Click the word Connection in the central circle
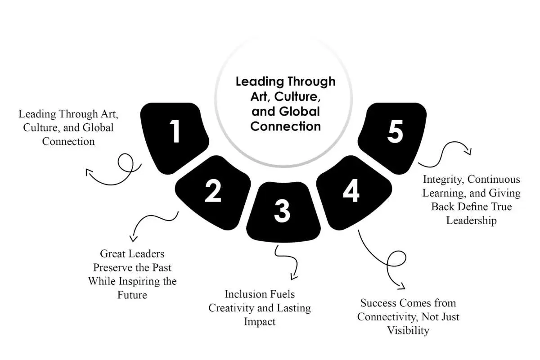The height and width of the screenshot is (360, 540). pyautogui.click(x=285, y=126)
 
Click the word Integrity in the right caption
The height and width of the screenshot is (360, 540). pyautogui.click(x=444, y=180)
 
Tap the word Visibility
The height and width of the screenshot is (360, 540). pyautogui.click(x=408, y=331)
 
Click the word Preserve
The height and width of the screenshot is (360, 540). pyautogui.click(x=112, y=268)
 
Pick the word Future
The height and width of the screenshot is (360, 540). pyautogui.click(x=132, y=295)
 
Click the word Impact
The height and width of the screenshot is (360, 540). pyautogui.click(x=260, y=322)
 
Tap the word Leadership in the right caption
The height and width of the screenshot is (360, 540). pyautogui.click(x=471, y=220)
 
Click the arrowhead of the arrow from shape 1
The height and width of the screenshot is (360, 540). pyautogui.click(x=88, y=172)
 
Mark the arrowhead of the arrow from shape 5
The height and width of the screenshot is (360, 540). pyautogui.click(x=468, y=152)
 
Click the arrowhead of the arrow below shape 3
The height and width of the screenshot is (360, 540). pyautogui.click(x=293, y=277)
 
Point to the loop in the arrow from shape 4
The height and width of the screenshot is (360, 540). pyautogui.click(x=396, y=258)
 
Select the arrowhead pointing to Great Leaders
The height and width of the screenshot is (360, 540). pyautogui.click(x=133, y=238)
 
